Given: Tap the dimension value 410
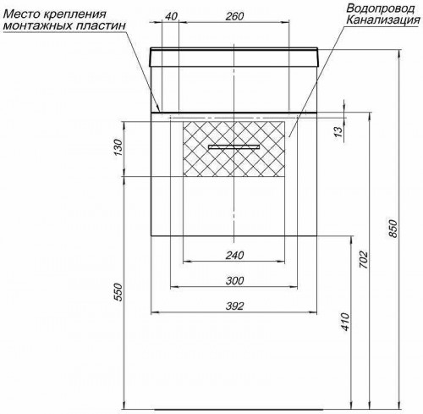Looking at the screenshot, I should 343,322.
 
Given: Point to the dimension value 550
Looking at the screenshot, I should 119,292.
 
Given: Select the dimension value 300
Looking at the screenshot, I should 235,281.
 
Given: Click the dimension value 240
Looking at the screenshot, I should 235,256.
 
